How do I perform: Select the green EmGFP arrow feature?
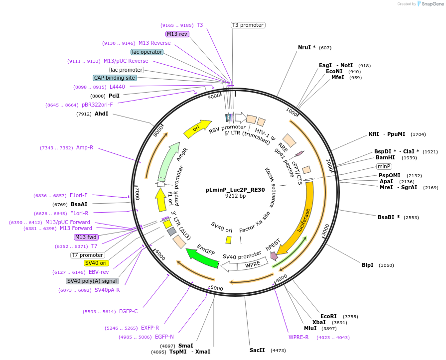click(202, 256)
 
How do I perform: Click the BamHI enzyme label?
click(385, 158)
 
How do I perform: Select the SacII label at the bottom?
click(257, 350)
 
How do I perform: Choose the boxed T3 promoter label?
click(248, 25)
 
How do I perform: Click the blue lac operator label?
click(147, 52)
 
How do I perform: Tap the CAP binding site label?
click(114, 78)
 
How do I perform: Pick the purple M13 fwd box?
click(86, 237)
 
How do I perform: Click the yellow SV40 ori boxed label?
click(96, 263)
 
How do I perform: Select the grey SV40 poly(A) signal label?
click(92, 281)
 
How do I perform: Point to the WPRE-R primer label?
click(298, 337)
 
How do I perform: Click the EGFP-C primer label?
click(128, 312)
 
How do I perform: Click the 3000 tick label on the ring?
click(325, 231)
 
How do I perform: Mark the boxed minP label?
click(384, 166)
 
